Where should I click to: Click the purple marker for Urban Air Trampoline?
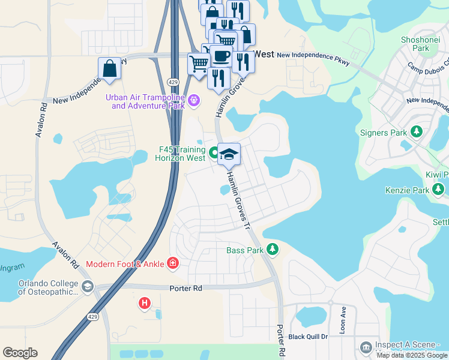pyautogui.click(x=193, y=100)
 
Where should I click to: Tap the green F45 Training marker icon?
pyautogui.click(x=215, y=153)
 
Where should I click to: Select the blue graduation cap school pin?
pyautogui.click(x=229, y=154)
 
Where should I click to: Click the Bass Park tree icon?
pyautogui.click(x=273, y=249)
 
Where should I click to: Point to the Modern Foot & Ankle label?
pyautogui.click(x=125, y=264)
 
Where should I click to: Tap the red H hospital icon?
pyautogui.click(x=144, y=304)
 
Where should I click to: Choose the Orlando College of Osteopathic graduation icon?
pyautogui.click(x=88, y=287)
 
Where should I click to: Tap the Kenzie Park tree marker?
pyautogui.click(x=439, y=190)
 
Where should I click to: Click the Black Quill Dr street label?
pyautogui.click(x=308, y=337)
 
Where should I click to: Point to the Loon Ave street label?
pyautogui.click(x=344, y=319)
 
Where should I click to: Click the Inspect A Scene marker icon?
pyautogui.click(x=366, y=347)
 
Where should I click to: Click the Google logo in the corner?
pyautogui.click(x=20, y=353)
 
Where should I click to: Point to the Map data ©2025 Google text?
pyautogui.click(x=412, y=355)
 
